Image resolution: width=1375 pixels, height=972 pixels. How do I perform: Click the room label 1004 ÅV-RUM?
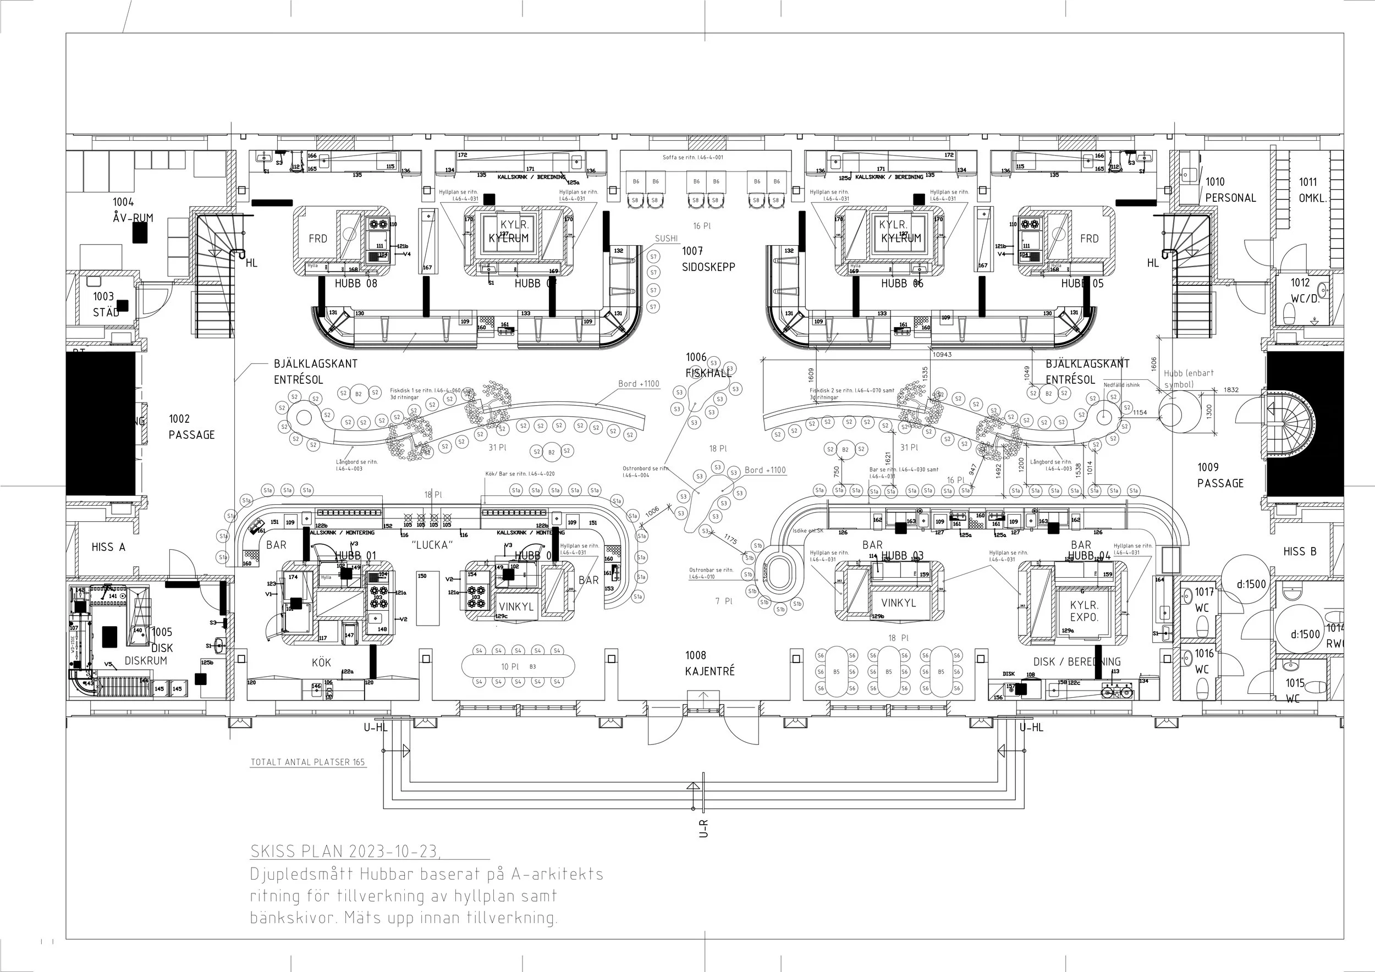(x=133, y=210)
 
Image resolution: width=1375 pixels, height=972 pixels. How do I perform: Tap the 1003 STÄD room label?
(x=105, y=304)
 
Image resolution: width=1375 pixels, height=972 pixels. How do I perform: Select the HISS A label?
(x=108, y=547)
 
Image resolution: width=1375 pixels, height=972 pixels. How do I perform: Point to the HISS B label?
(x=1300, y=551)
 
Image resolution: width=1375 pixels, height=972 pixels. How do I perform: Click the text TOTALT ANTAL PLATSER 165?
(x=308, y=763)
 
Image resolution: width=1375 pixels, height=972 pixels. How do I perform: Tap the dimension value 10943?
(x=942, y=354)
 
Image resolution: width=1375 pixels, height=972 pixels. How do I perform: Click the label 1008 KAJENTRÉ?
(x=709, y=663)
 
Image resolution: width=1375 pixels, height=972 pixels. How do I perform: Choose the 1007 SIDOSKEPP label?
(x=708, y=259)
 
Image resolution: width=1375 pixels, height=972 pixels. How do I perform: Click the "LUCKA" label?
(x=432, y=545)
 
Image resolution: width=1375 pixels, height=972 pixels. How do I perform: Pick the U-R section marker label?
(x=703, y=829)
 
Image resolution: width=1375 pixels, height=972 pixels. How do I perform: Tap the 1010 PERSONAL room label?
(x=1229, y=190)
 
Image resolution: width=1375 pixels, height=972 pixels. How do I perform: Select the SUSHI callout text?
(x=666, y=238)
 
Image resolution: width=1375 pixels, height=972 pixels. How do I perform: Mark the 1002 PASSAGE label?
(x=191, y=427)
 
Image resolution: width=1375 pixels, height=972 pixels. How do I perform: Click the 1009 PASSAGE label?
(x=1220, y=475)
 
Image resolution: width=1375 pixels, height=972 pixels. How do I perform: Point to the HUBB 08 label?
(x=356, y=284)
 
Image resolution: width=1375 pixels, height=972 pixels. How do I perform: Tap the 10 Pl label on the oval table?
(x=510, y=667)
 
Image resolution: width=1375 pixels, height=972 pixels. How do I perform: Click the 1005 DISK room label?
(x=162, y=640)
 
